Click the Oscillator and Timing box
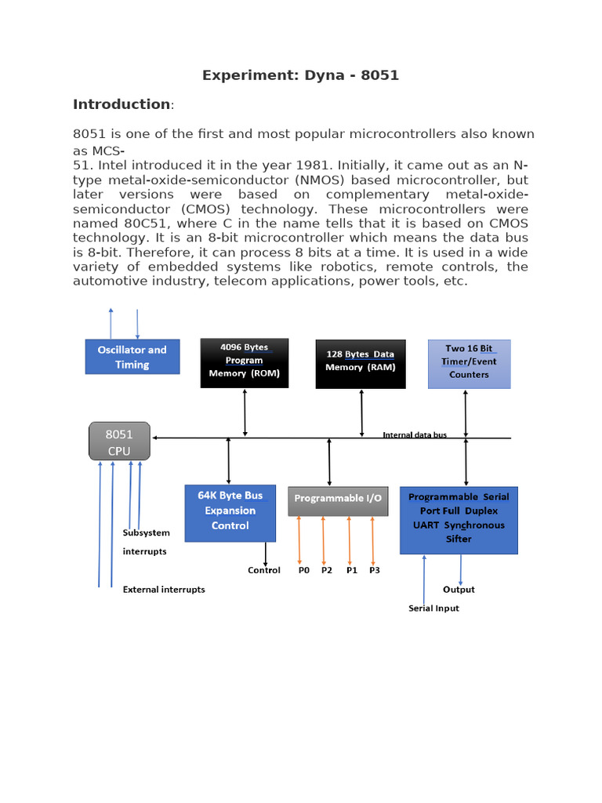(132, 357)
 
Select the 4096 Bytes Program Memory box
(244, 363)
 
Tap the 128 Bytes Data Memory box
(361, 363)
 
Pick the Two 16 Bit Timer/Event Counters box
(469, 363)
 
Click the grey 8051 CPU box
(119, 442)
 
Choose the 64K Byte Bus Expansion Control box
(230, 512)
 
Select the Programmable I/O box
(338, 500)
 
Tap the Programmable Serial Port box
(459, 519)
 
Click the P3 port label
(374, 570)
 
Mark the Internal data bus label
(414, 434)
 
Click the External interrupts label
(164, 590)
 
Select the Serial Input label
(433, 609)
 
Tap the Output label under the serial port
(459, 590)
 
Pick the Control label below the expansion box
(264, 570)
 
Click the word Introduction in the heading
(121, 104)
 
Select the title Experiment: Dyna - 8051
(300, 75)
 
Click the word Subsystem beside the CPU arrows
(146, 533)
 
